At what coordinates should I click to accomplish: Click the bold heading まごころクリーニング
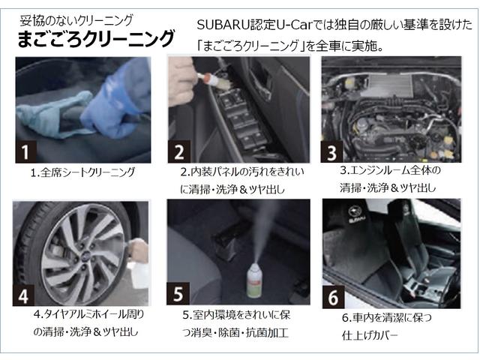pos(96,39)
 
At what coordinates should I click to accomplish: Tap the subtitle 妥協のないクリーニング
pos(76,20)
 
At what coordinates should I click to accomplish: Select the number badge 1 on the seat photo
pos(26,151)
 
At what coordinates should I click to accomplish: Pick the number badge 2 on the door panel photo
pos(179,151)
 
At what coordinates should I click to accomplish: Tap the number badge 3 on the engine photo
pos(331,151)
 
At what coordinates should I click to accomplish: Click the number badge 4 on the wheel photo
pos(23,295)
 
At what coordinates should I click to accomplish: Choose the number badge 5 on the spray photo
pos(178,293)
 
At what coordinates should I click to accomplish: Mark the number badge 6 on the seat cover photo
pos(333,297)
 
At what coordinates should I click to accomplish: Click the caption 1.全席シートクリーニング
pos(82,172)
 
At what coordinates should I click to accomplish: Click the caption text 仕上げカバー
pos(370,335)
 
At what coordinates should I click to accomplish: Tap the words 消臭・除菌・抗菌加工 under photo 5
pos(240,332)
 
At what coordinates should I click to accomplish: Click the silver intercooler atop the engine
pos(390,84)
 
